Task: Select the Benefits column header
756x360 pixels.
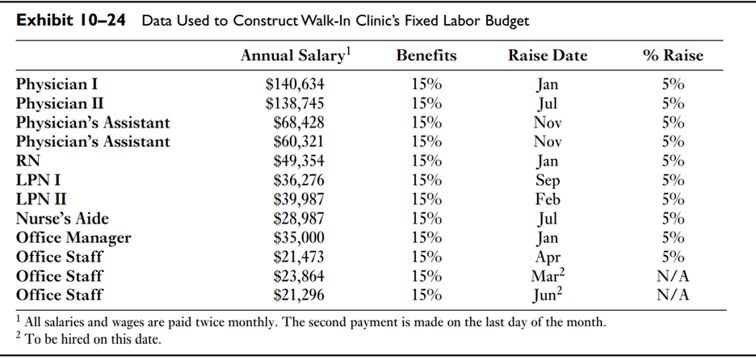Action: pos(426,56)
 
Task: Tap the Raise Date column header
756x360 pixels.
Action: pos(547,56)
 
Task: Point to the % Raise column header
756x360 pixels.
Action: pos(673,56)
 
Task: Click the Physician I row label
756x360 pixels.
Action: pos(57,84)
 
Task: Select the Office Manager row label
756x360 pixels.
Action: pos(73,238)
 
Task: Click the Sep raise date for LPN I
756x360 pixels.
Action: pos(547,180)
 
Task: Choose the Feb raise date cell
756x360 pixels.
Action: pos(547,199)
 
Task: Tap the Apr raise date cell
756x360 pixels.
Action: pos(547,257)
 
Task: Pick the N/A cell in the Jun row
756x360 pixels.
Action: pos(673,295)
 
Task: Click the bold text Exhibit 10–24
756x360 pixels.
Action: pos(71,19)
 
